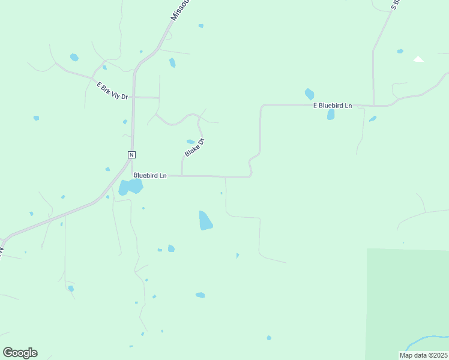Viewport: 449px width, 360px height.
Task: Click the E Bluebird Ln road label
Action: pyautogui.click(x=332, y=105)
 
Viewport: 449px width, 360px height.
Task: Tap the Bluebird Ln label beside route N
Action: pyautogui.click(x=150, y=176)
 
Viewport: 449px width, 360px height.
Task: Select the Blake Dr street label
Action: pyautogui.click(x=194, y=148)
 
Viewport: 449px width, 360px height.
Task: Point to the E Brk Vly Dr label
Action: pyautogui.click(x=113, y=91)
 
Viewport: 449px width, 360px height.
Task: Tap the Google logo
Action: pyautogui.click(x=20, y=353)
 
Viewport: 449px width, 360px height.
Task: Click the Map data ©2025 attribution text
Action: pyautogui.click(x=423, y=355)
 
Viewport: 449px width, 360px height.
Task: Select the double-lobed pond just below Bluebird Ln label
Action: pyautogui.click(x=130, y=187)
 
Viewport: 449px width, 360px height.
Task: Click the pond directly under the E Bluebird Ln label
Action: pyautogui.click(x=331, y=114)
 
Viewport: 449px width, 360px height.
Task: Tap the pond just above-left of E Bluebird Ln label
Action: pyautogui.click(x=309, y=94)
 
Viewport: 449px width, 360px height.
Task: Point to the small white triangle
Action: pyautogui.click(x=418, y=59)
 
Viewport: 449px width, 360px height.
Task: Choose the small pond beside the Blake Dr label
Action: pyautogui.click(x=190, y=142)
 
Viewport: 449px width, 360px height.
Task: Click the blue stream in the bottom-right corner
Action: pyautogui.click(x=427, y=341)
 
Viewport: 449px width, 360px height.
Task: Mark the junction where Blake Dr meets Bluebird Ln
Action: pyautogui.click(x=182, y=176)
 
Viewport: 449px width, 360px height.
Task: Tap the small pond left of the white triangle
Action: pyautogui.click(x=400, y=52)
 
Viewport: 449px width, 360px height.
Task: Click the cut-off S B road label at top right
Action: pyautogui.click(x=395, y=5)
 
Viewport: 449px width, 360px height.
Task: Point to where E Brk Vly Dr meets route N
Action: pyautogui.click(x=134, y=96)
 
